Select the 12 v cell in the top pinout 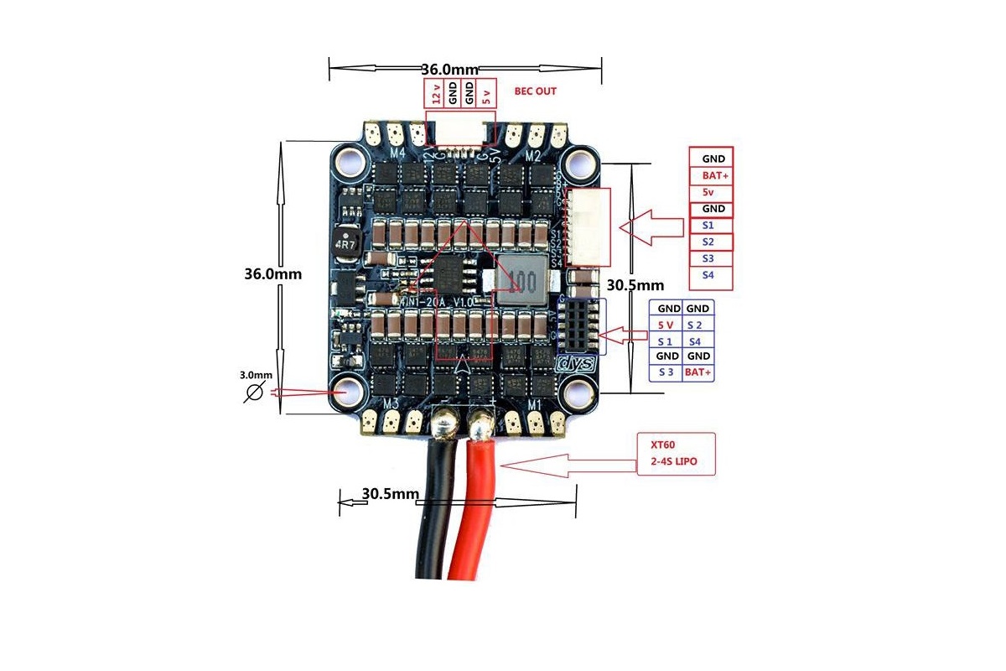pyautogui.click(x=435, y=93)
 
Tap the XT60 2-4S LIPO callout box pyautogui.click(x=677, y=455)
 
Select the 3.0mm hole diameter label pyautogui.click(x=256, y=375)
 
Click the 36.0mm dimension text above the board pyautogui.click(x=449, y=69)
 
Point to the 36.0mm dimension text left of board pyautogui.click(x=272, y=273)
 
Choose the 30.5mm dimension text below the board pyautogui.click(x=390, y=494)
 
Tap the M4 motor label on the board pyautogui.click(x=397, y=153)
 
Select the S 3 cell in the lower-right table pyautogui.click(x=666, y=372)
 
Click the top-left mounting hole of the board pyautogui.click(x=348, y=159)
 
